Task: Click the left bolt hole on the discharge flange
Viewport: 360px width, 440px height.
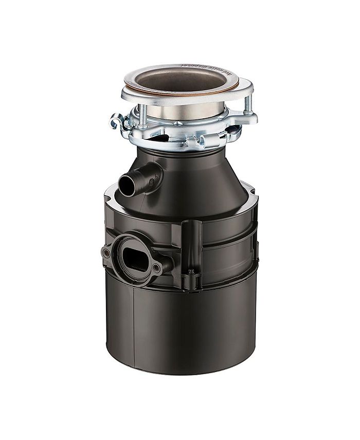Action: point(106,253)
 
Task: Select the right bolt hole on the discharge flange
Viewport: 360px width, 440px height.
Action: point(157,268)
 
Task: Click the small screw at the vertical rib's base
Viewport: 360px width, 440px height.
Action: point(191,271)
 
